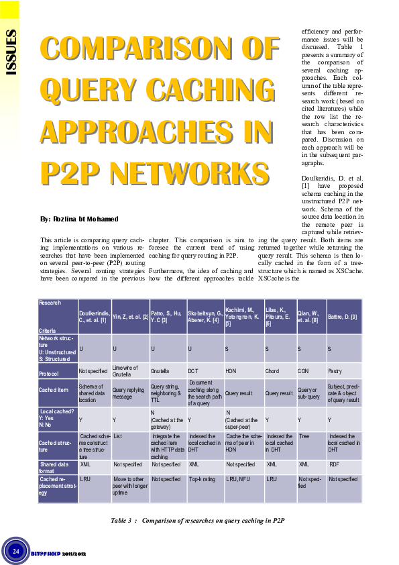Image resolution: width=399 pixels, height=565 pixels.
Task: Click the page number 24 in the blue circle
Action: [15, 551]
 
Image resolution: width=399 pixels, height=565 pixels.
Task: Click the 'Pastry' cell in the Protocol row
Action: [335, 371]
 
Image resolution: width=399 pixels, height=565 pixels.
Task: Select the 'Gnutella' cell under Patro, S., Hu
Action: [160, 371]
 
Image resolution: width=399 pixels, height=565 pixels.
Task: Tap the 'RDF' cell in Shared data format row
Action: [335, 464]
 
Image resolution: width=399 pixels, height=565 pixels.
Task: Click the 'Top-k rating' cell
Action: [202, 480]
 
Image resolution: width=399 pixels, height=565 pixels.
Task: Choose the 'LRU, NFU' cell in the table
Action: [239, 480]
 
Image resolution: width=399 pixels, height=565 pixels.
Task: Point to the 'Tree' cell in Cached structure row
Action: [304, 436]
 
